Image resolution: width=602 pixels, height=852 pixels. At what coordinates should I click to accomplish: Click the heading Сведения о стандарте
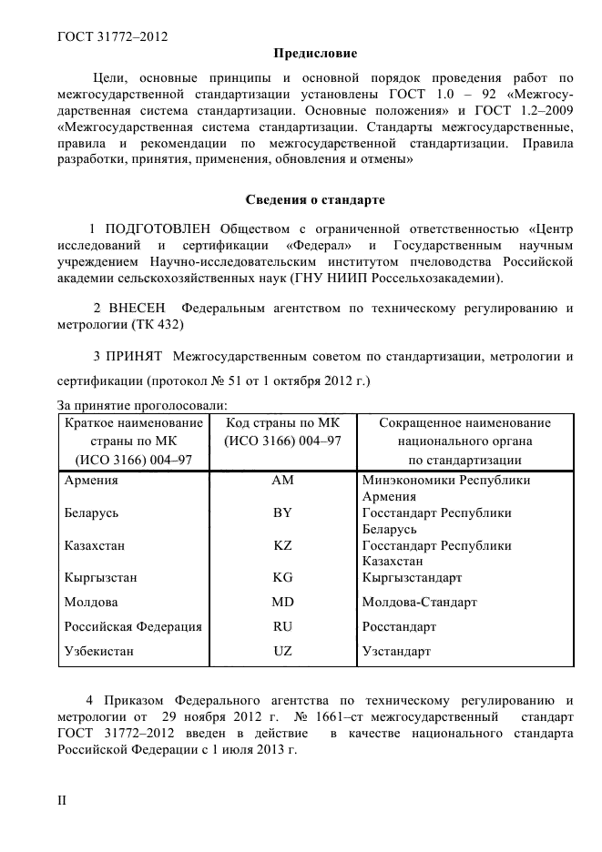pos(315,199)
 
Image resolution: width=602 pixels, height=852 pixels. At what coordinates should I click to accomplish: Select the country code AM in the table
pos(282,480)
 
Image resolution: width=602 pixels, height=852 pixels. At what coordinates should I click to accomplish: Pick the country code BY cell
pos(282,512)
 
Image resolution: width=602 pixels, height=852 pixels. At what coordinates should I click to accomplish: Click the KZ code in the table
pos(282,545)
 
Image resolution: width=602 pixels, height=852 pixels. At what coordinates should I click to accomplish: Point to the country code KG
pos(282,577)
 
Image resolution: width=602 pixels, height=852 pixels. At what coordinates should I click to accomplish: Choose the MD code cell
pos(282,602)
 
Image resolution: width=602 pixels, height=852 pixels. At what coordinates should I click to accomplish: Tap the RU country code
pos(282,626)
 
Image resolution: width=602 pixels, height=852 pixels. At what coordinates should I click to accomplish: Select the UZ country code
pos(282,651)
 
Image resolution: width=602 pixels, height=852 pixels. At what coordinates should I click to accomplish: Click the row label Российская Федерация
pos(133,626)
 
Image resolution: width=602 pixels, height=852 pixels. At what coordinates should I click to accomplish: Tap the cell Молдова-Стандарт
pos(420,602)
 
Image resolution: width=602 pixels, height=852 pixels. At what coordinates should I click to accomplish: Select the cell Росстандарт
pos(399,626)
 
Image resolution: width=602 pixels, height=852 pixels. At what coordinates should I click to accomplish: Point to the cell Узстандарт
pos(396,651)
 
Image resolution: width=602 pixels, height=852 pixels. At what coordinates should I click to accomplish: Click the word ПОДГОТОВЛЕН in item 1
pos(158,228)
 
